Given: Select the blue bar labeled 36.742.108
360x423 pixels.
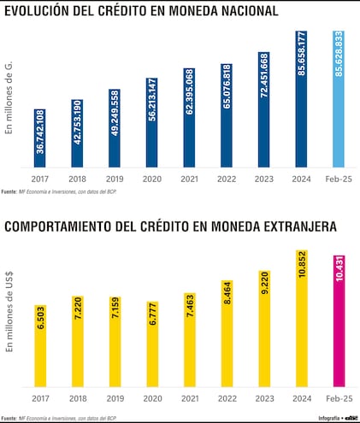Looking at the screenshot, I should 40,138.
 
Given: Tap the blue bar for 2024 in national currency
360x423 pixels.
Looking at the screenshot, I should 300,98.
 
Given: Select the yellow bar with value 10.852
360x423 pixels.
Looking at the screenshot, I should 300,315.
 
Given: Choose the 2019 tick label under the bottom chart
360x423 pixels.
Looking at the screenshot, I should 115,398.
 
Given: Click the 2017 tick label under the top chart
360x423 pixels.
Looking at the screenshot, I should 40,179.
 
